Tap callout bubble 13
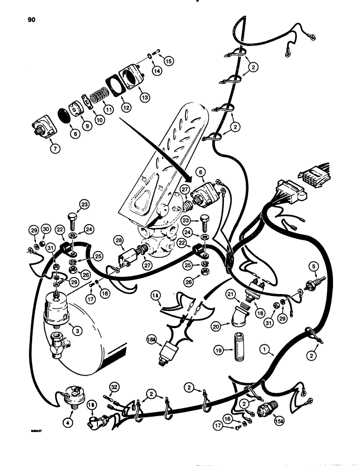coord(145,97)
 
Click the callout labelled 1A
coord(155,295)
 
